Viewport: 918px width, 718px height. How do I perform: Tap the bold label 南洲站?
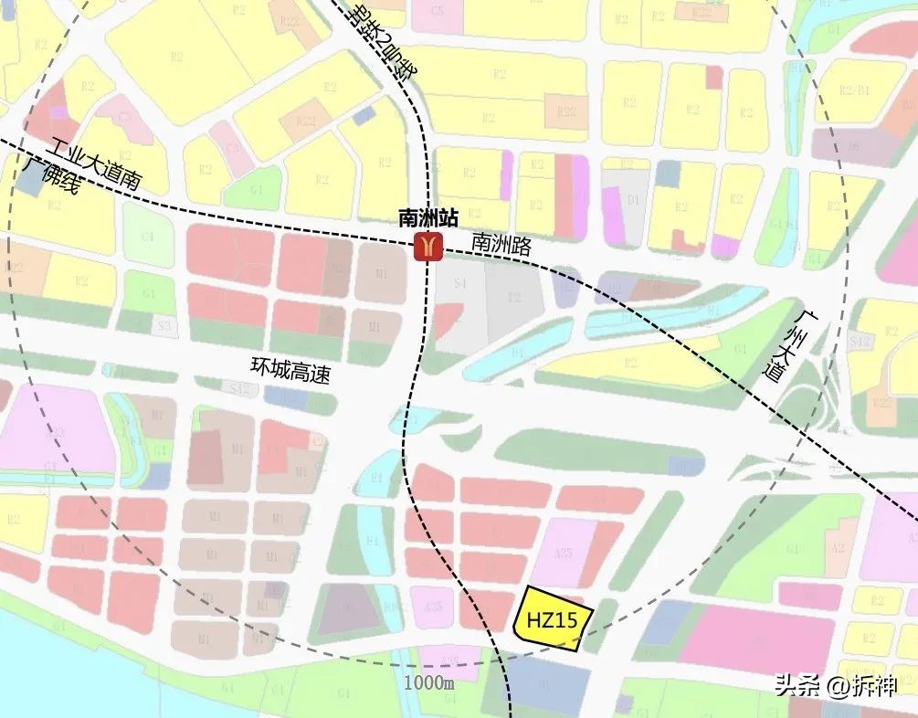pyautogui.click(x=421, y=219)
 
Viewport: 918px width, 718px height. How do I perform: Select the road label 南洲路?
pyautogui.click(x=501, y=244)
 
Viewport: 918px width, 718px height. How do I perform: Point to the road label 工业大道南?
pyautogui.click(x=96, y=164)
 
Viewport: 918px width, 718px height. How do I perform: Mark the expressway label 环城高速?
pyautogui.click(x=290, y=367)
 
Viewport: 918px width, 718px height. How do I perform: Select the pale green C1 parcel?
pyautogui.click(x=147, y=235)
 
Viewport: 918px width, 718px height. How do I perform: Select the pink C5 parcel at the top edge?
pyautogui.click(x=438, y=11)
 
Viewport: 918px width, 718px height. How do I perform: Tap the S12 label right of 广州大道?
pyautogui.click(x=857, y=342)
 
